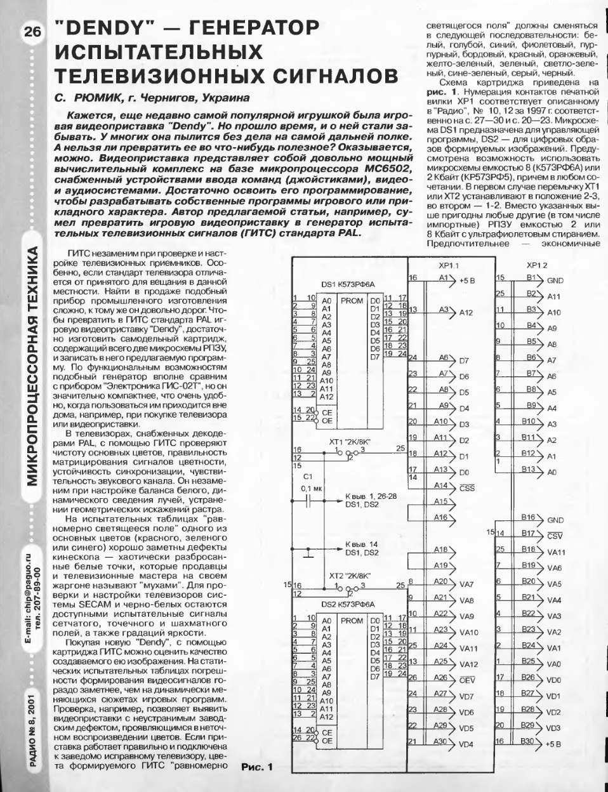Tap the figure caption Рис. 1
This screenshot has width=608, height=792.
pyautogui.click(x=256, y=767)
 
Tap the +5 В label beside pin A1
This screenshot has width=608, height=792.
pyautogui.click(x=467, y=280)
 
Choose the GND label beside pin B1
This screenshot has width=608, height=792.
pyautogui.click(x=555, y=280)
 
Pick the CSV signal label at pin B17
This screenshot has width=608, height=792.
pyautogui.click(x=555, y=536)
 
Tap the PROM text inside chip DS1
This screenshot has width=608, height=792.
pyautogui.click(x=352, y=301)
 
